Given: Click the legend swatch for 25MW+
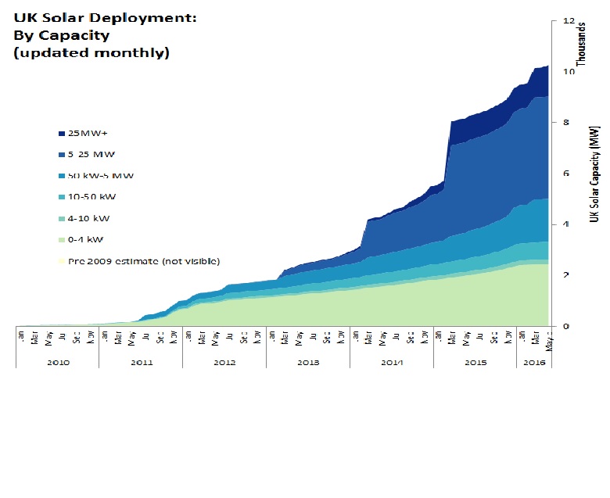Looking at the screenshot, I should point(61,133).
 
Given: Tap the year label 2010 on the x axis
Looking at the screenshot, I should point(57,362).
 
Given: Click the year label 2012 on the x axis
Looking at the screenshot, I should point(224,362).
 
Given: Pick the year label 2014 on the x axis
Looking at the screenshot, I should point(391,362).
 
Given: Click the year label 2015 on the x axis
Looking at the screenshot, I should point(475,362).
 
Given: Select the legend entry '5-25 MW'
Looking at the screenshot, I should point(91,154).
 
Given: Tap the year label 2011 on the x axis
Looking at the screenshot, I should point(141,362).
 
